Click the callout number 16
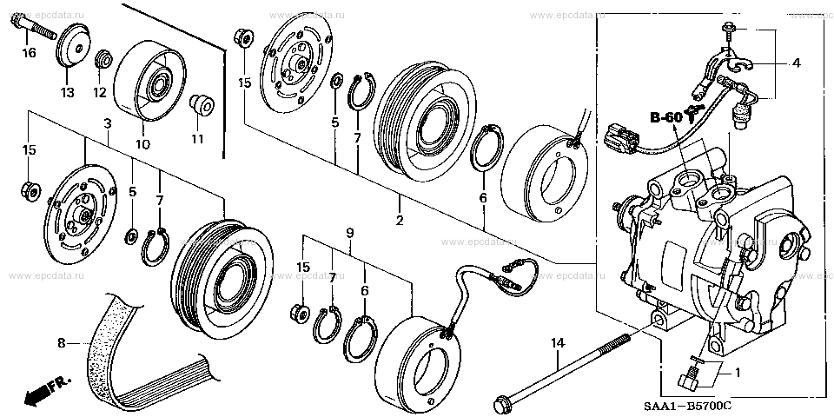(29, 53)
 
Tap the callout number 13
(67, 93)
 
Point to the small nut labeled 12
(103, 58)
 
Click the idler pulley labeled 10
(150, 80)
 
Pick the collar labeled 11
(202, 104)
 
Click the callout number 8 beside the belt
(62, 344)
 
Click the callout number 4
(796, 63)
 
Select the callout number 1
(738, 373)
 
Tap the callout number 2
(400, 219)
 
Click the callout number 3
(108, 124)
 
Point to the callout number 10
(143, 143)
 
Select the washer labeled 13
(72, 46)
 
